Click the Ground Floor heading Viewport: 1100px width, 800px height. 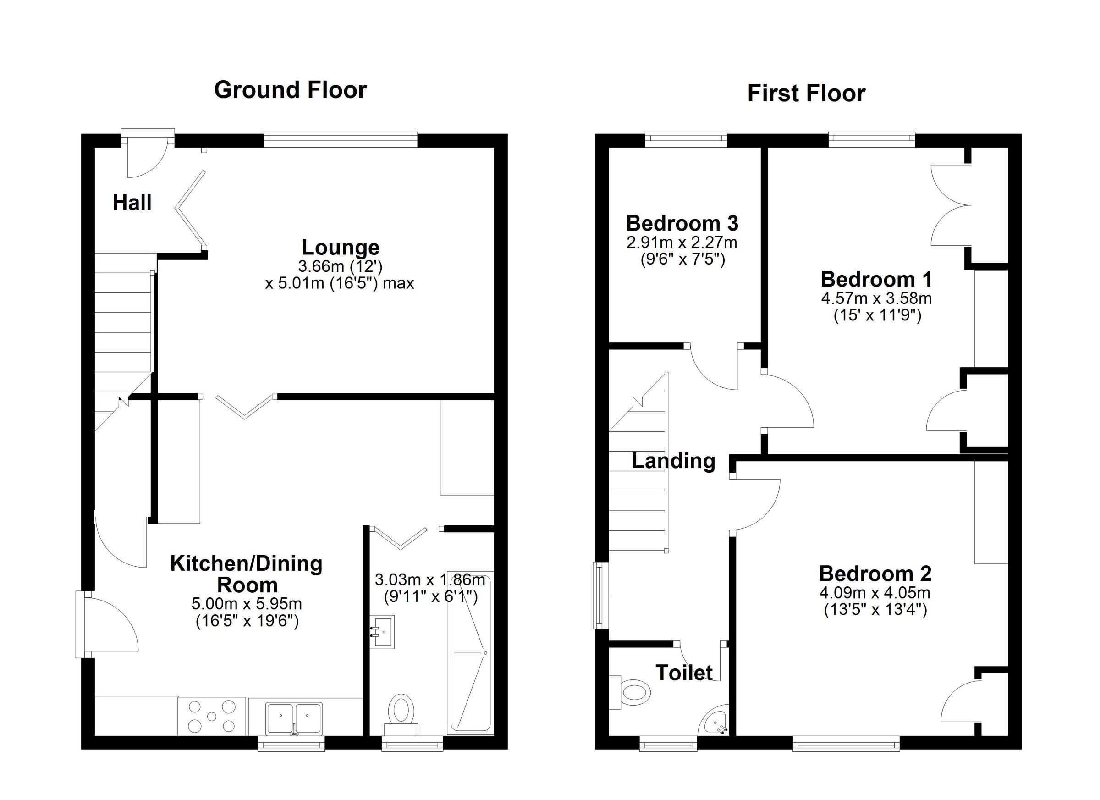[290, 90]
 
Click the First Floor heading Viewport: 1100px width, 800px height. [806, 94]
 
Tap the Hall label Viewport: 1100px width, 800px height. [132, 203]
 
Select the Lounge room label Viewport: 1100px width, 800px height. [341, 248]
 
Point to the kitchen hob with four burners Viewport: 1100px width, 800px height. [211, 716]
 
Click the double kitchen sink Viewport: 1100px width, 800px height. [293, 717]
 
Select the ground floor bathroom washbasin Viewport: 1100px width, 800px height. [383, 632]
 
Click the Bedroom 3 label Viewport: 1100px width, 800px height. [682, 224]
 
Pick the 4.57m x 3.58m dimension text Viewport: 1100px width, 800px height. [876, 298]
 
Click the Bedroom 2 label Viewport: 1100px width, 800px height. [875, 574]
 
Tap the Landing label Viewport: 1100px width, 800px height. [673, 461]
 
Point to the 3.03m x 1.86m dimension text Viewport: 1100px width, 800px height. [430, 580]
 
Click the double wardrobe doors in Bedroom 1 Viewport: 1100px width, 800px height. [951, 205]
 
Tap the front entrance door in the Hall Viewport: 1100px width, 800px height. [148, 158]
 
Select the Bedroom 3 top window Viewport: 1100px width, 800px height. [686, 140]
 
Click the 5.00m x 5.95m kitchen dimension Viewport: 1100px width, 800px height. [247, 604]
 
